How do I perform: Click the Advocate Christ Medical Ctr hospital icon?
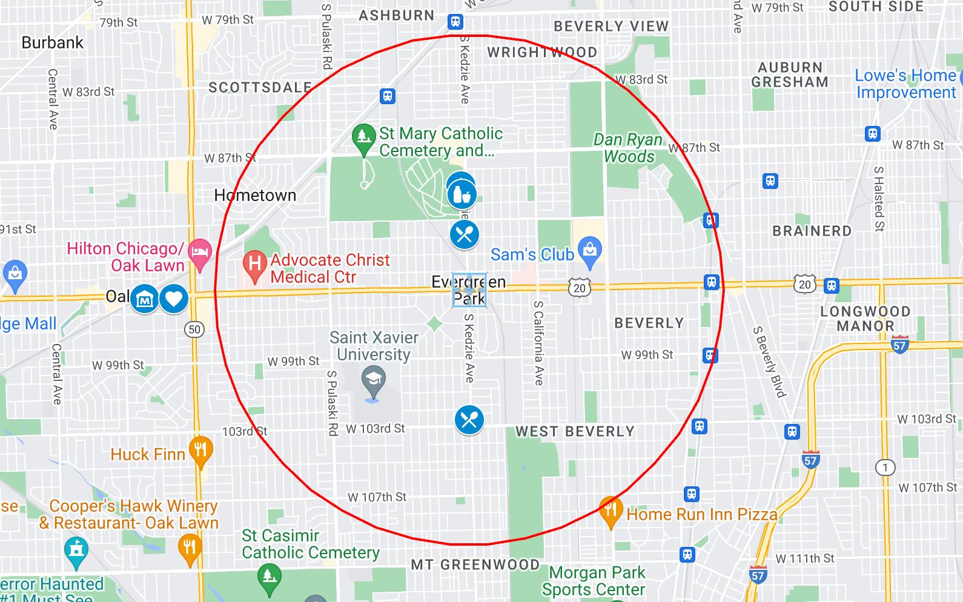pos(255,265)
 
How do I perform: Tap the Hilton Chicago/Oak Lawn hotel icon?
pos(200,251)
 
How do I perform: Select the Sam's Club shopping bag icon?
pos(589,250)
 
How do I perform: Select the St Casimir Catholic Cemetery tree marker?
pos(269,576)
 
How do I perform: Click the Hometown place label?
pos(255,196)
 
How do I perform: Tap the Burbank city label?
pos(53,43)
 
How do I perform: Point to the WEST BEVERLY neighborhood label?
pos(575,432)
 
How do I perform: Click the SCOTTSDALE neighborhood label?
pos(260,88)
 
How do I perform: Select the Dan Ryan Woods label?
pos(628,148)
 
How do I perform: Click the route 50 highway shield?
pos(194,329)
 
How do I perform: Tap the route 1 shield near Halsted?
pos(885,468)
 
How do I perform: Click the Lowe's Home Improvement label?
pos(905,84)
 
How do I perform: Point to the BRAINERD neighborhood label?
pos(812,231)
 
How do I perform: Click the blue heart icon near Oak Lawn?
pos(174,299)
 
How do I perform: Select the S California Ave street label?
pos(538,343)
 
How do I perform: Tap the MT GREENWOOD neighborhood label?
pos(475,565)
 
